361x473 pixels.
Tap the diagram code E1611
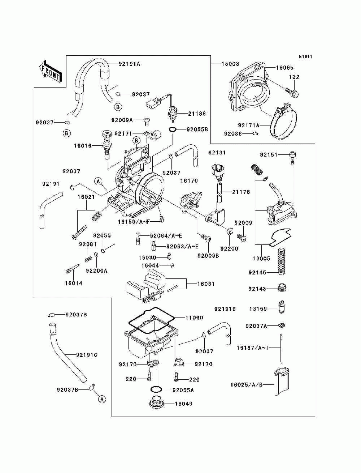(305, 57)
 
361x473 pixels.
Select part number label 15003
(230, 64)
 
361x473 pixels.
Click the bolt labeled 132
(292, 93)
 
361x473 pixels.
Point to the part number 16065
(284, 68)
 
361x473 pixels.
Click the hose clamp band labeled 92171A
(283, 122)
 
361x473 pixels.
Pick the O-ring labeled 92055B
(173, 129)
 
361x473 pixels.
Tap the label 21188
(197, 113)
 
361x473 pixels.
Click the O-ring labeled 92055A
(156, 389)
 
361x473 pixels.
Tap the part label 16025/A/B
(246, 384)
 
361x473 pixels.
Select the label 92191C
(87, 355)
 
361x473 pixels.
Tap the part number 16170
(189, 180)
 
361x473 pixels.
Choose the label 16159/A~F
(134, 222)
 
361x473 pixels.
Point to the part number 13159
(258, 309)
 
